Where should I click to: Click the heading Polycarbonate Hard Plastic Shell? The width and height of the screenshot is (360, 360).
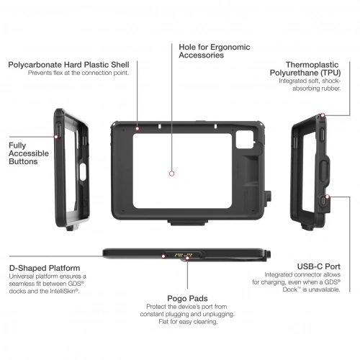click(68, 65)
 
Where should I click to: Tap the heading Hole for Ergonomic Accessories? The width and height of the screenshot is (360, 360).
click(215, 51)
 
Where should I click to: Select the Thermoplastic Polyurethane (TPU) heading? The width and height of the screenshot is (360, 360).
click(305, 68)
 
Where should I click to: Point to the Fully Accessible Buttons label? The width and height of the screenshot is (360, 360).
click(29, 153)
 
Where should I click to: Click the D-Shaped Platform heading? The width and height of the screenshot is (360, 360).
click(45, 268)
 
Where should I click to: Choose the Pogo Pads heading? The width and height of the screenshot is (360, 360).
click(187, 299)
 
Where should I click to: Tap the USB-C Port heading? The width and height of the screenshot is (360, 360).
click(319, 266)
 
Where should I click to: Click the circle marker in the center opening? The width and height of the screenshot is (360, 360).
click(171, 174)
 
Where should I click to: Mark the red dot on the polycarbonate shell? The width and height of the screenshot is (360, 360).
click(138, 129)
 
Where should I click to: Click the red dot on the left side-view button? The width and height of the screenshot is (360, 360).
click(56, 137)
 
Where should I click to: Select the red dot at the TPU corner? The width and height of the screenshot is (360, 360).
click(323, 115)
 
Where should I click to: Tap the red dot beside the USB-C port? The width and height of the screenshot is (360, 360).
click(328, 197)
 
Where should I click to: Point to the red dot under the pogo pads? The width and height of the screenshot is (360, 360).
click(187, 258)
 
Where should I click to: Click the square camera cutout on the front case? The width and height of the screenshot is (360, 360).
click(245, 140)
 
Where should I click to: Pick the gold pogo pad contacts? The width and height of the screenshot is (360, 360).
click(184, 255)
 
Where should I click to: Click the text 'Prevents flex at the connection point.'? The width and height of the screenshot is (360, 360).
click(78, 73)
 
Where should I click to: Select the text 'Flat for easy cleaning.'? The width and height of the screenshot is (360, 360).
click(188, 322)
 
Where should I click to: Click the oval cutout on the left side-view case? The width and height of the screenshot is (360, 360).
click(83, 172)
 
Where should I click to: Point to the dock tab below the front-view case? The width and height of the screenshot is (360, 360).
click(188, 222)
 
